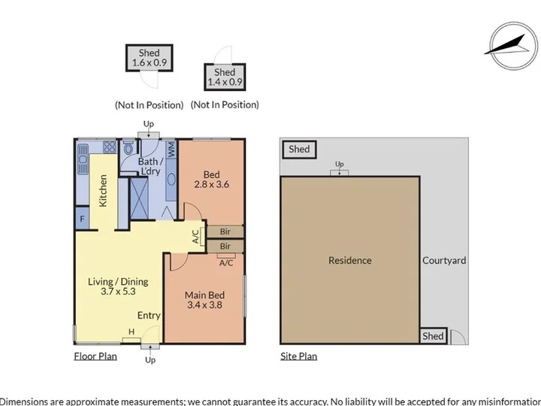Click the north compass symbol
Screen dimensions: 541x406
click(x=513, y=46)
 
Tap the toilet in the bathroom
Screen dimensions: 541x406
click(x=128, y=147)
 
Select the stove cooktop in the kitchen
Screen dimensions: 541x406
click(x=110, y=147)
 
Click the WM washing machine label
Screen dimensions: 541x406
click(x=171, y=150)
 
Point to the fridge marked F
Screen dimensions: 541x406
click(x=82, y=218)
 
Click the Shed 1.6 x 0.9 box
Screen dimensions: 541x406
click(x=149, y=58)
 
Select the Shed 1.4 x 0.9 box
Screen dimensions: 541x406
click(x=225, y=77)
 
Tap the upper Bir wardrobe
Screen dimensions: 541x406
click(x=225, y=232)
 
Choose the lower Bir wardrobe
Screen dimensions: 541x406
click(x=225, y=246)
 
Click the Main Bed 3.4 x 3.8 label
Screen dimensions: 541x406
click(x=204, y=300)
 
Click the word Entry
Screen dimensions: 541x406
click(x=149, y=315)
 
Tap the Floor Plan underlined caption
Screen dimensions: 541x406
click(x=95, y=356)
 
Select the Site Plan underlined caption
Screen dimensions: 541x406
click(x=299, y=356)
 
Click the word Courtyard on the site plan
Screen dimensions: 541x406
click(x=444, y=260)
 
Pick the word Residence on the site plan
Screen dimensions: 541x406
click(x=350, y=260)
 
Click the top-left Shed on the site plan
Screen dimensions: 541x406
click(x=299, y=150)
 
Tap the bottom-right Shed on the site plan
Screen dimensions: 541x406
click(x=433, y=336)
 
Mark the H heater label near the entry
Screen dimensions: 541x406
click(x=131, y=332)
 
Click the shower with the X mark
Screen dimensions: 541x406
click(x=140, y=198)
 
